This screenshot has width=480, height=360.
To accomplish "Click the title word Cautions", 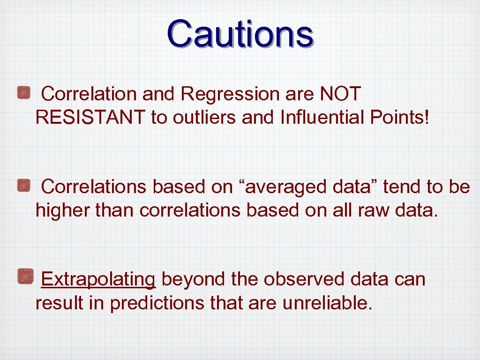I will point(240,34).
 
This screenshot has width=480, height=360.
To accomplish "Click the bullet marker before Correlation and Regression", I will point(24,93).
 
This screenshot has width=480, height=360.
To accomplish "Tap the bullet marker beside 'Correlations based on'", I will point(24,186).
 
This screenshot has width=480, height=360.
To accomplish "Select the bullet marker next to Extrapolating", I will point(24,277).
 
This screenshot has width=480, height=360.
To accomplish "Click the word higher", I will point(63,211).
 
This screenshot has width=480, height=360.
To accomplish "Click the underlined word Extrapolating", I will point(98,280).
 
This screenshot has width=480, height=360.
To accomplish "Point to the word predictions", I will point(157,303).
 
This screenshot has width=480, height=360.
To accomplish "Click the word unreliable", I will point(327,303).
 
